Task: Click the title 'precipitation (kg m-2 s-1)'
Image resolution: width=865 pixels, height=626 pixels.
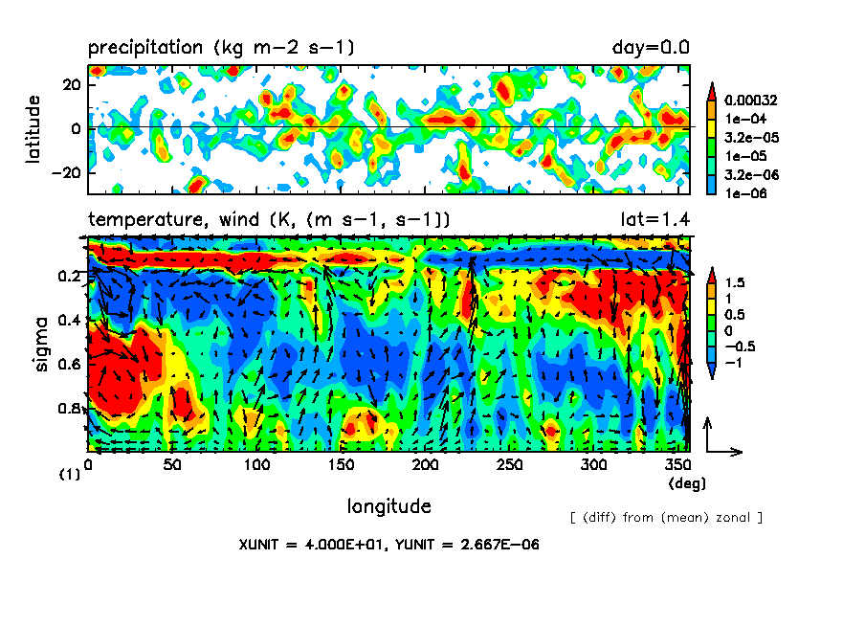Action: click(x=222, y=48)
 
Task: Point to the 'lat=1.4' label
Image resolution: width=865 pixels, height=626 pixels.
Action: click(x=655, y=220)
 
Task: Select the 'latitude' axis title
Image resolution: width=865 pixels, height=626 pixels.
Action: click(x=33, y=128)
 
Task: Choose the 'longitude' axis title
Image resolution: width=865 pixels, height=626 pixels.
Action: click(x=388, y=505)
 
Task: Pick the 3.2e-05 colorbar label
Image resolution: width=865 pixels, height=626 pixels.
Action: click(x=749, y=137)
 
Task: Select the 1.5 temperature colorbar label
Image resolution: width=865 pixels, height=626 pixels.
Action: click(x=735, y=283)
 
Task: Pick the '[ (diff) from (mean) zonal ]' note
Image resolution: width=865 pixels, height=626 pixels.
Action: click(x=665, y=518)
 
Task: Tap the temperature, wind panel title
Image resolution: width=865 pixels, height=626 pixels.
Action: click(x=270, y=220)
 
